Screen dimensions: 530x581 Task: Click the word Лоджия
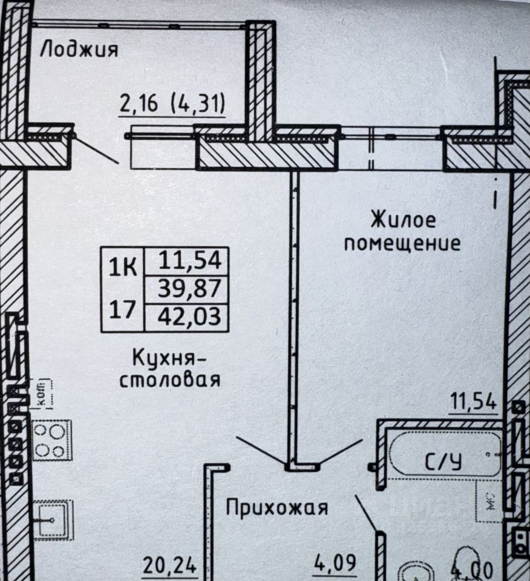[x=79, y=49]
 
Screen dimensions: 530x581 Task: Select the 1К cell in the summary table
[x=123, y=266]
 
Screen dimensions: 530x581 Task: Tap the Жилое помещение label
[x=403, y=231]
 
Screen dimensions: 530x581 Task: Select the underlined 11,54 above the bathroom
[x=473, y=402]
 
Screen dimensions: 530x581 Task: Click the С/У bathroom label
[x=444, y=463]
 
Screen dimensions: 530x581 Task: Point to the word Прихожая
[x=277, y=507]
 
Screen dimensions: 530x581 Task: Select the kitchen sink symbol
[x=52, y=519]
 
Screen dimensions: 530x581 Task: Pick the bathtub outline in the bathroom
[x=445, y=452]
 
